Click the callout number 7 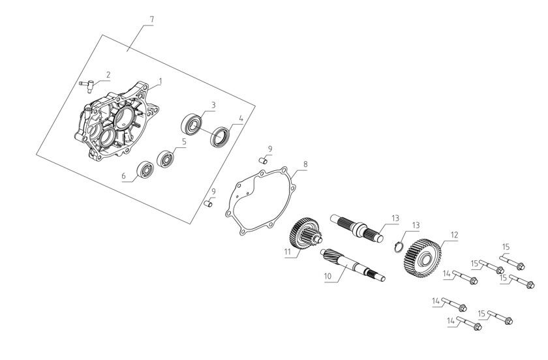point(151,20)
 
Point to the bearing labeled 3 point(192,123)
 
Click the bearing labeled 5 point(165,158)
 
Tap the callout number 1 point(160,81)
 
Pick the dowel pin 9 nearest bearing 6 point(209,204)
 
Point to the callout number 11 point(286,250)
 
